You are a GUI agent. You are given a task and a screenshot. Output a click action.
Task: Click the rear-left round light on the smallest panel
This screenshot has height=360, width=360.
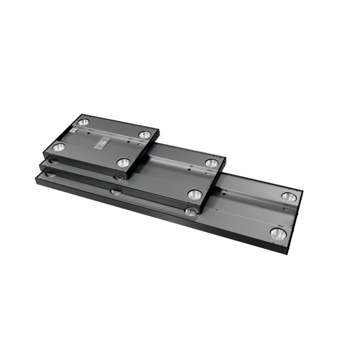point(83,122)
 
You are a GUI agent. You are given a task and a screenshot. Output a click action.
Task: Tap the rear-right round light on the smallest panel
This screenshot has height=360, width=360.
point(145,135)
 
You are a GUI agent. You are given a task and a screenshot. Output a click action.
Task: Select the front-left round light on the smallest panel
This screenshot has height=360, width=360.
point(58,147)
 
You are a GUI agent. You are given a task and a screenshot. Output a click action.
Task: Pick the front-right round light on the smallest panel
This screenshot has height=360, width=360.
point(123,162)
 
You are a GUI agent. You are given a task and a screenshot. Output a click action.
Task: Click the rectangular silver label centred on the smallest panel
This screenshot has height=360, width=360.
point(101,142)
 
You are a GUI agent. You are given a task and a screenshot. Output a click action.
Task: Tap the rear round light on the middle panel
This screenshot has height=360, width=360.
point(211,163)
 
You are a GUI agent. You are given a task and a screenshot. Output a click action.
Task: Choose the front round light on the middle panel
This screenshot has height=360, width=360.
point(194,194)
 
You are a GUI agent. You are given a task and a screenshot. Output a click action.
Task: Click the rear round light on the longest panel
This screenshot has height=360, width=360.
point(289,197)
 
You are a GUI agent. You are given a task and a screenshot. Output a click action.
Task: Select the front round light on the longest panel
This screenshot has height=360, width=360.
point(277,233)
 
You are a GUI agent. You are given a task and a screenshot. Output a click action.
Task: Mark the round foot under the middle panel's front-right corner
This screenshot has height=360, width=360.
point(191,211)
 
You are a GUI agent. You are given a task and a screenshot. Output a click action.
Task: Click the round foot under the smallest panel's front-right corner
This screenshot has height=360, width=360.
point(119,177)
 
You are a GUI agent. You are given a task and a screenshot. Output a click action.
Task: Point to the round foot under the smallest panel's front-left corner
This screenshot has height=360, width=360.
point(53,161)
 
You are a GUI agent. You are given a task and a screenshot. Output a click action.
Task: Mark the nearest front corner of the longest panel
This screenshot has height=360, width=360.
point(287,253)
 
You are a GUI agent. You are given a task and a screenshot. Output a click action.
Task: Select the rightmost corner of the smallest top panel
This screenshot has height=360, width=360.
point(159,130)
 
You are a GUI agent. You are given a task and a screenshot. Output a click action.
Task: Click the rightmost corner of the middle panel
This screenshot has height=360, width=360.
point(226,158)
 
